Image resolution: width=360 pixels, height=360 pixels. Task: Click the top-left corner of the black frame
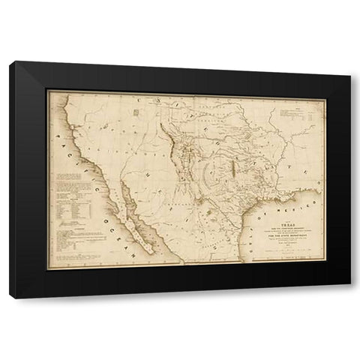11,64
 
